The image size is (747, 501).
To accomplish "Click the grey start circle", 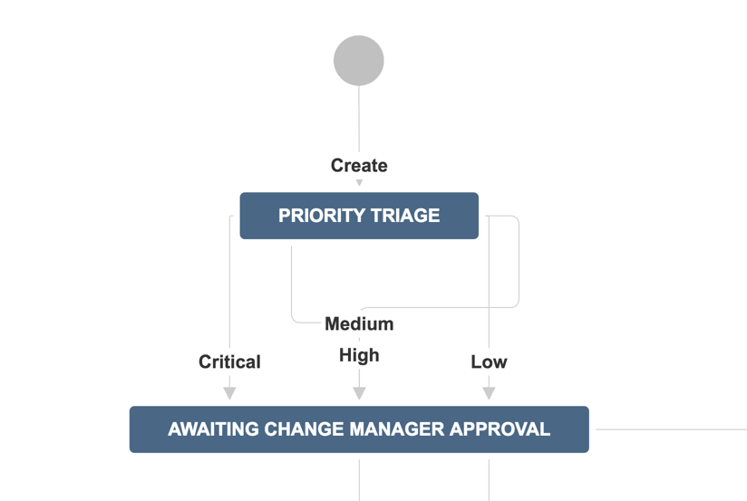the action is [x=359, y=61].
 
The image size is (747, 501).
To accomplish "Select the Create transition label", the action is [x=359, y=166].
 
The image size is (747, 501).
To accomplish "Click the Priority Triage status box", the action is [x=359, y=216].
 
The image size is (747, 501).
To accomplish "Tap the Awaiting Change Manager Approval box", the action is [x=359, y=429].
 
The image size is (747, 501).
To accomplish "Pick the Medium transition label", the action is [x=359, y=323].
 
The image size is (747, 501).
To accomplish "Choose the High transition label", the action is [x=359, y=356].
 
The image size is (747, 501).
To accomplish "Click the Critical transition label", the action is [x=229, y=362].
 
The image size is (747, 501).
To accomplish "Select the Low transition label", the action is [x=489, y=362].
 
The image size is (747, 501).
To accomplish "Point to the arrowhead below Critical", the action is [x=229, y=393].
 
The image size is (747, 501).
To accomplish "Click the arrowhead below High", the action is [x=359, y=393].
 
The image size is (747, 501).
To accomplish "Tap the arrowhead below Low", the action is [x=489, y=393].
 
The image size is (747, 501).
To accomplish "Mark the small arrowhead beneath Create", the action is [x=359, y=183].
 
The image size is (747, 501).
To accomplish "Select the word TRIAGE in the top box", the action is [x=405, y=216].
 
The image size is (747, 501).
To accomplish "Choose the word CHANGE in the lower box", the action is [x=305, y=429].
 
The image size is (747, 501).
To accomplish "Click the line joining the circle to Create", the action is [x=359, y=119].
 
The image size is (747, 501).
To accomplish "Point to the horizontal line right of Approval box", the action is [x=671, y=429].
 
